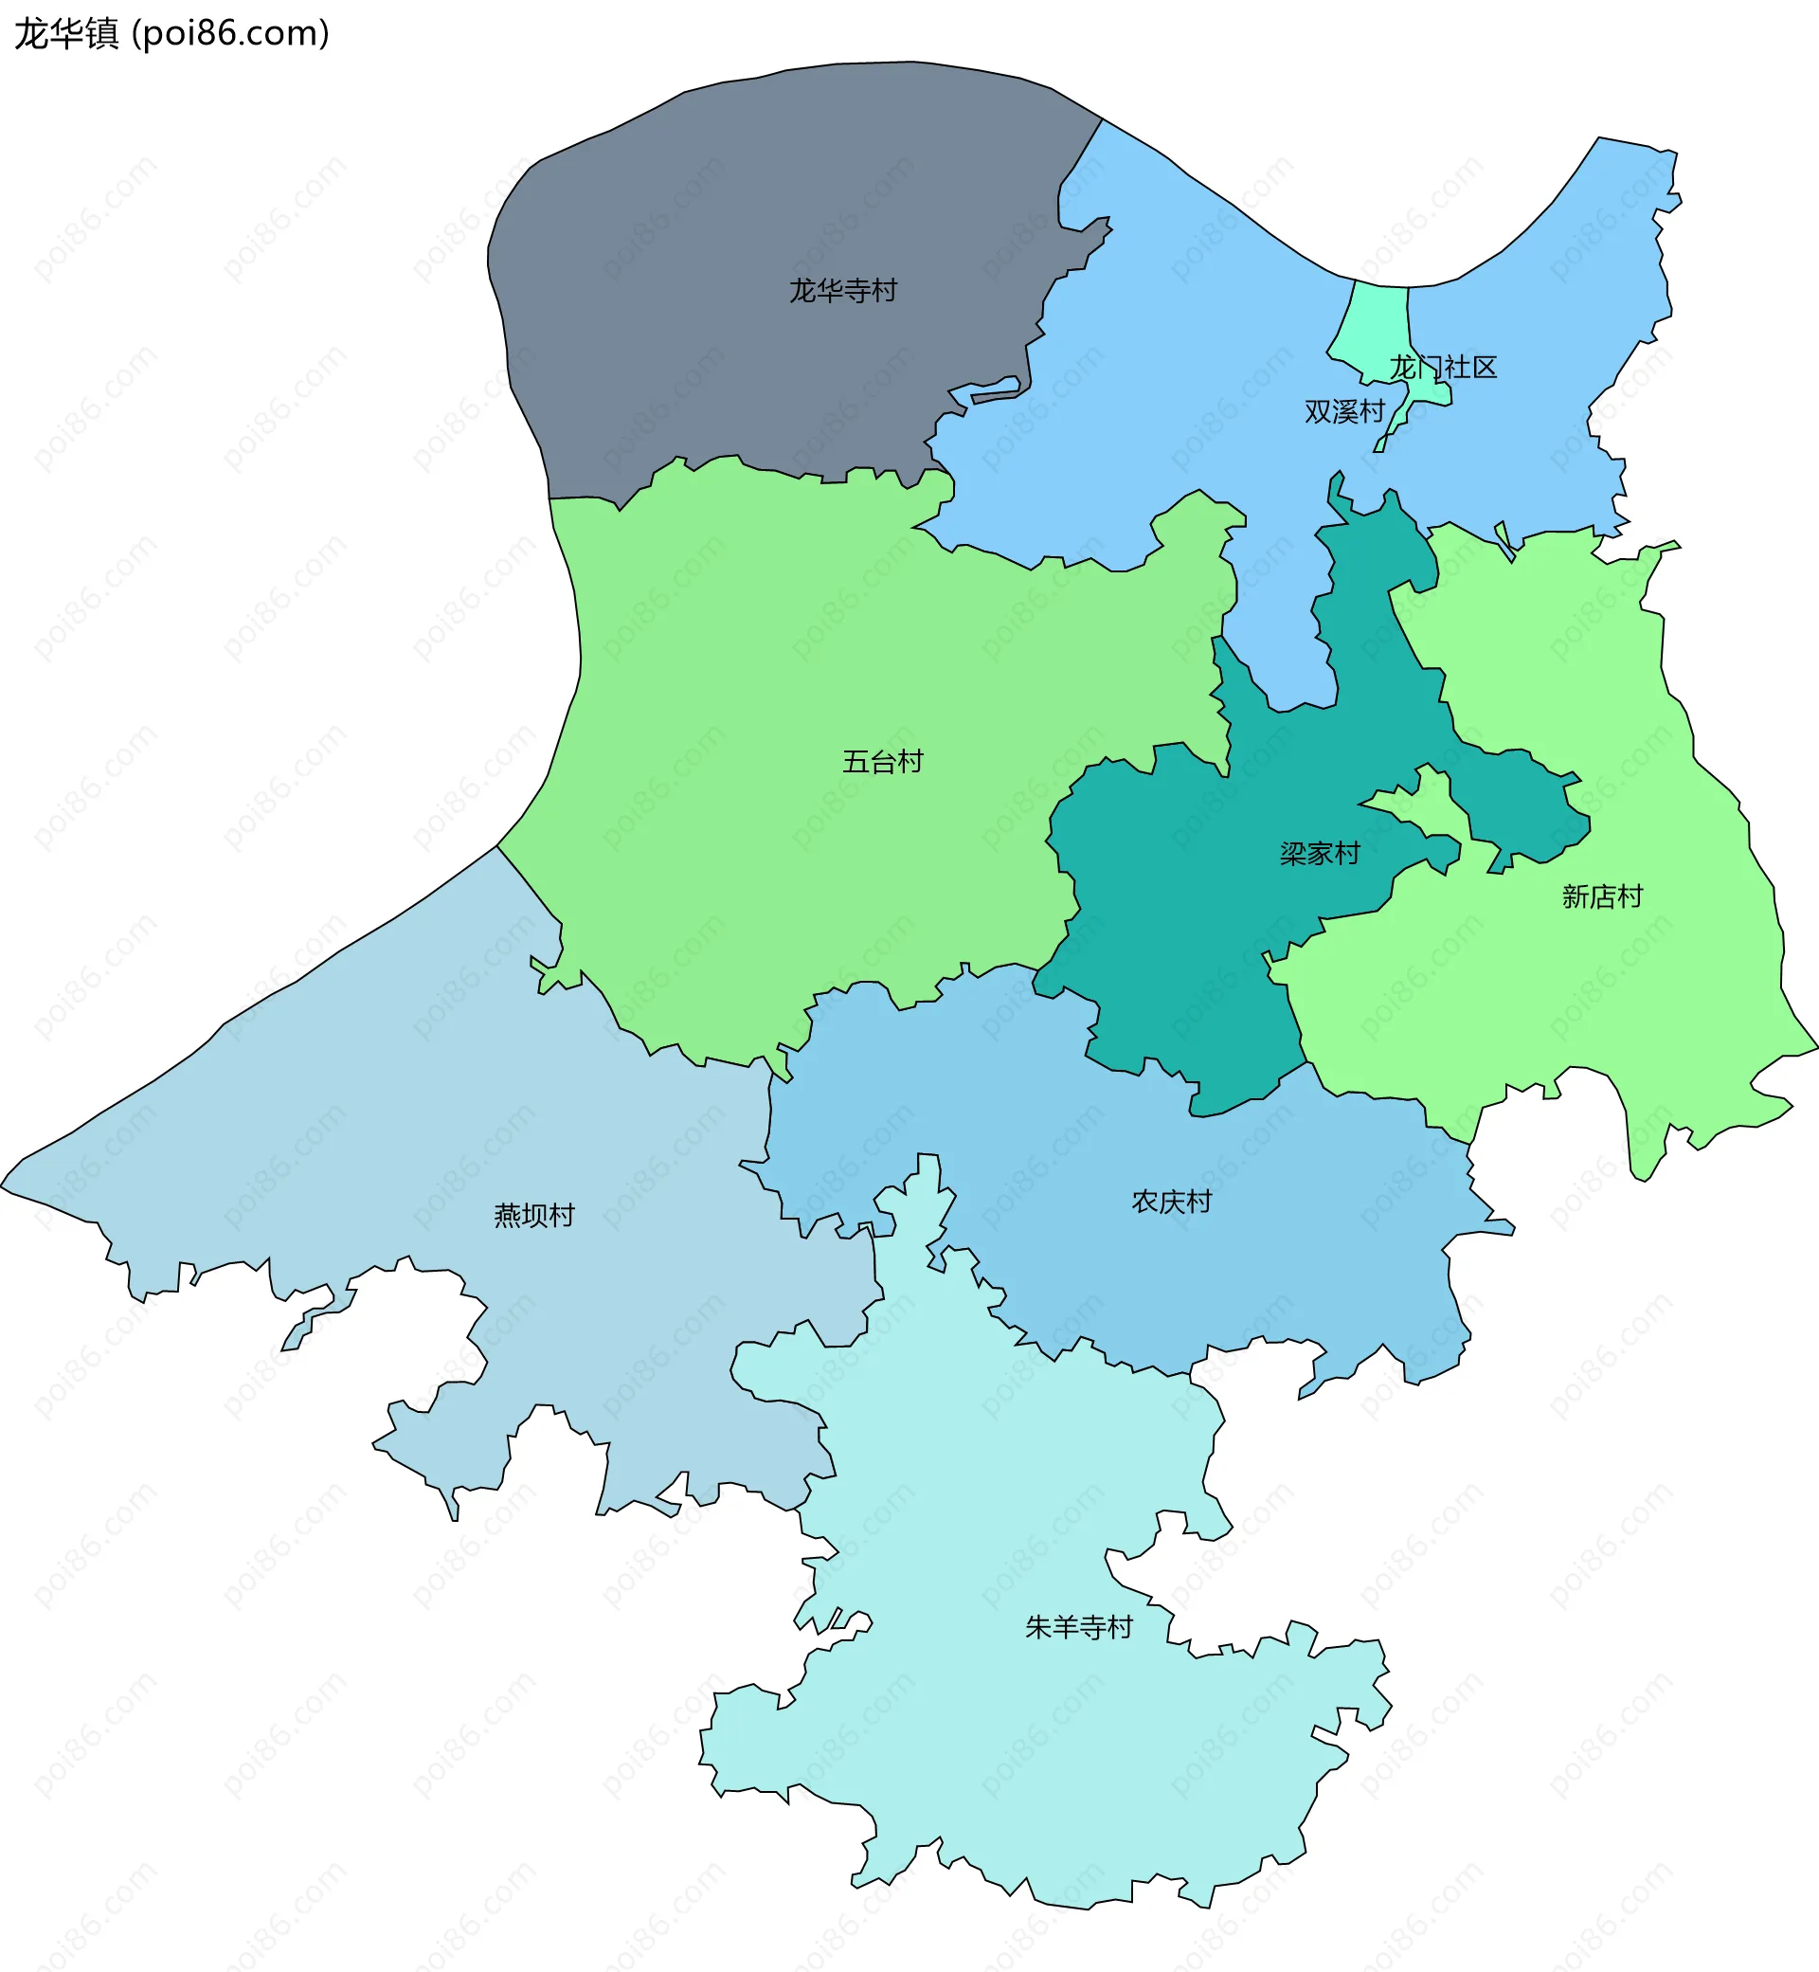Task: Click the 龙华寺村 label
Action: tap(842, 290)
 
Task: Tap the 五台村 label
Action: tap(882, 761)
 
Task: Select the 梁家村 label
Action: tap(1319, 854)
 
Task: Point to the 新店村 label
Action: tap(1601, 896)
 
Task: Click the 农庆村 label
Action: tap(1170, 1202)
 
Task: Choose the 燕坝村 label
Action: tap(533, 1216)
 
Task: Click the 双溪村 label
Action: tap(1343, 411)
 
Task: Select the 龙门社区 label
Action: tap(1442, 369)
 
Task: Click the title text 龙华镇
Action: tap(66, 33)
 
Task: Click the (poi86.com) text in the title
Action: tap(230, 33)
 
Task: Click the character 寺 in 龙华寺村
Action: tap(856, 290)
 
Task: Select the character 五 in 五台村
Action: tap(855, 761)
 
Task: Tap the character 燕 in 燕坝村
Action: tap(507, 1216)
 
